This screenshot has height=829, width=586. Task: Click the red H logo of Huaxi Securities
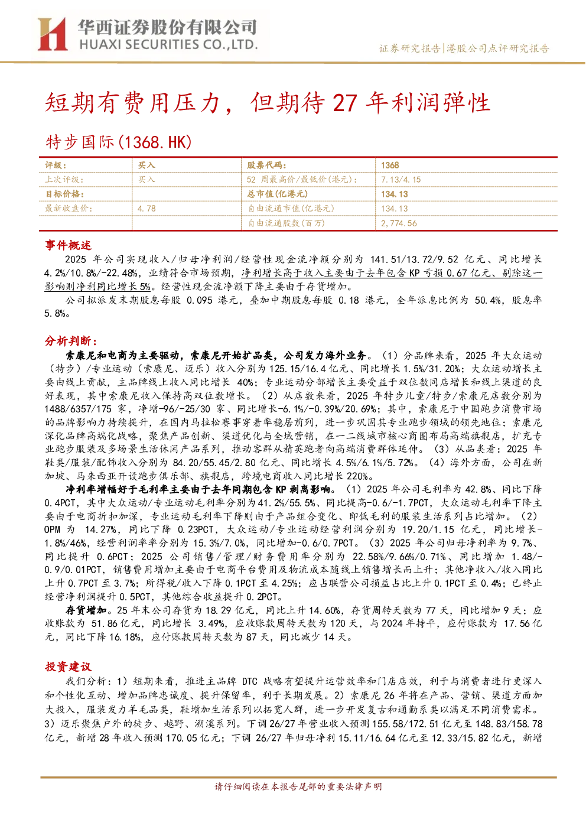[x=53, y=34]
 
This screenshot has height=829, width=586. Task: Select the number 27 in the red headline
[x=345, y=103]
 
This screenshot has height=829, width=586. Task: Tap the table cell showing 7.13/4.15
[x=401, y=180]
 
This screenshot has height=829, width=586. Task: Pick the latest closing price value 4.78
[x=146, y=209]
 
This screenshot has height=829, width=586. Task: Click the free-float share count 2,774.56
[x=399, y=223]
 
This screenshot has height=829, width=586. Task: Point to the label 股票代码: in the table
[x=266, y=165]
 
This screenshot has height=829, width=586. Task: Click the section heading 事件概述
[x=68, y=245]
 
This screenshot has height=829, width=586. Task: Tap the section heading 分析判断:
[x=71, y=341]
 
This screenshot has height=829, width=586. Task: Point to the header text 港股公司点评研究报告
[x=498, y=48]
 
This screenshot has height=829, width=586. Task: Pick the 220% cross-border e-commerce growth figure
[x=357, y=476]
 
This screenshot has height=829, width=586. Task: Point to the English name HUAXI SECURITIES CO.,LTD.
[x=169, y=45]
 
